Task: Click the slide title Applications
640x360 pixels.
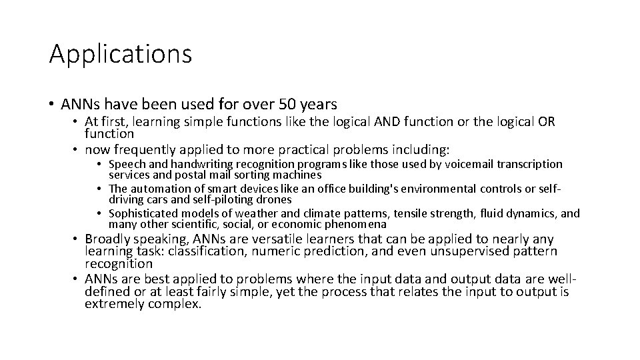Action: click(x=121, y=54)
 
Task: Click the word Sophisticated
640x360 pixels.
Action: click(x=145, y=214)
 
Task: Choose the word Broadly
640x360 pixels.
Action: click(x=108, y=239)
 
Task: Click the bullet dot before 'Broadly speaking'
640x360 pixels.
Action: click(x=76, y=240)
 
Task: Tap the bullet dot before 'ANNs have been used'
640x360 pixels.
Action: click(x=51, y=105)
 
